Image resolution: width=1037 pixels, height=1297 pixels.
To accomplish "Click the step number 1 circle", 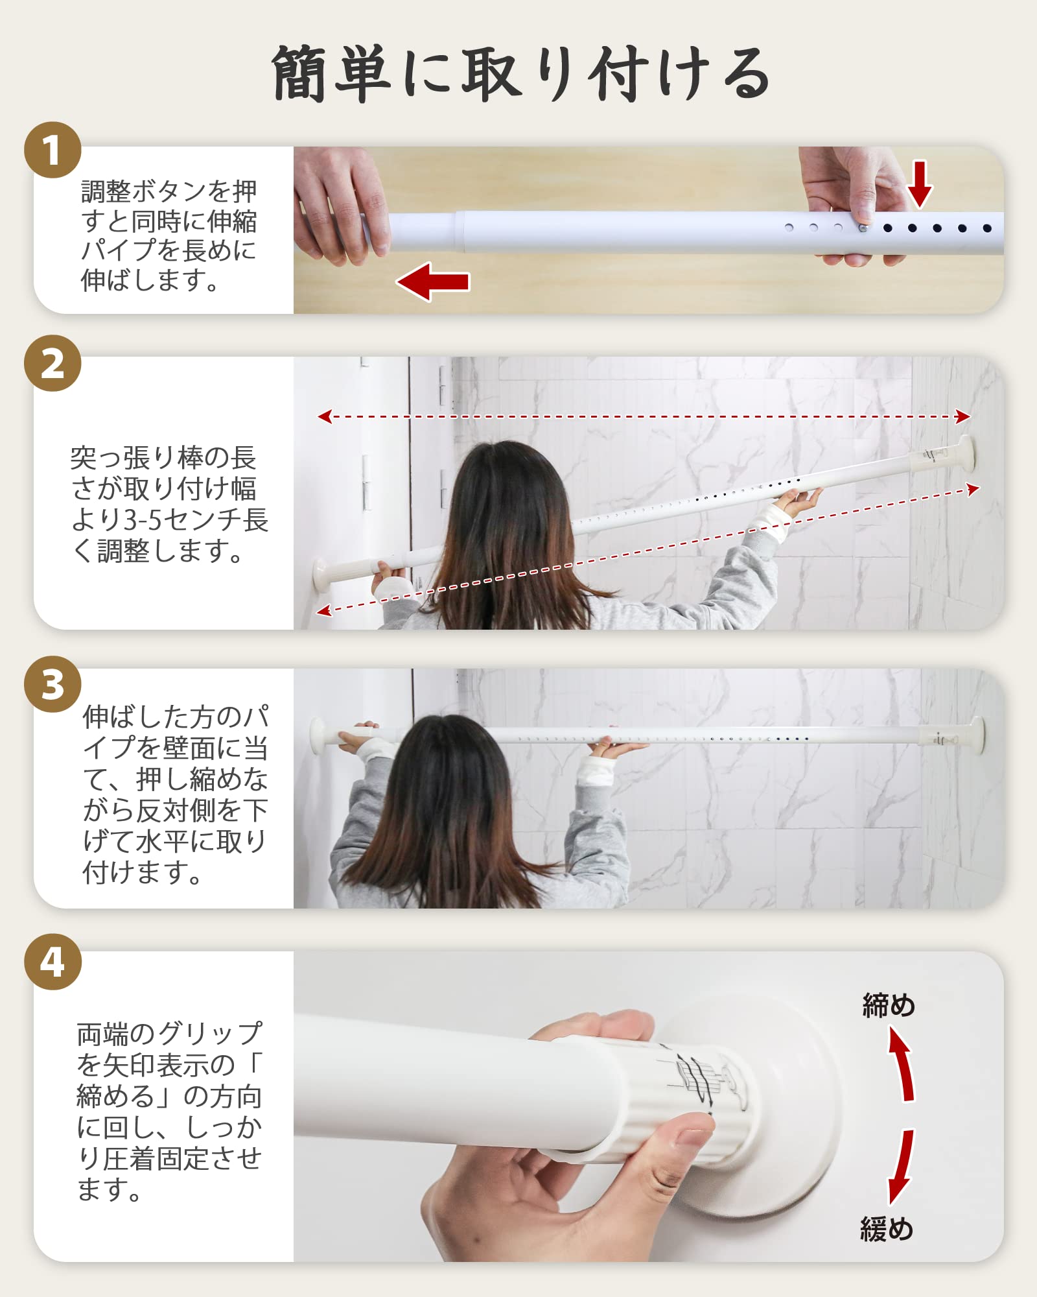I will pyautogui.click(x=52, y=150).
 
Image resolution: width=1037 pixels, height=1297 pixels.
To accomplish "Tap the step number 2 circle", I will pyautogui.click(x=52, y=363).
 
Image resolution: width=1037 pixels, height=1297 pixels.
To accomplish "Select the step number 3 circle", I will pyautogui.click(x=52, y=684).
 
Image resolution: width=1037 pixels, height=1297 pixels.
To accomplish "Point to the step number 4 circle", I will pyautogui.click(x=52, y=962).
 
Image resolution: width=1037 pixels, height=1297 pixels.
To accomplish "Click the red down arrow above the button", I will pyautogui.click(x=920, y=184).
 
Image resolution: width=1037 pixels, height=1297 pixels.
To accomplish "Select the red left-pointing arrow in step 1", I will pyautogui.click(x=433, y=281).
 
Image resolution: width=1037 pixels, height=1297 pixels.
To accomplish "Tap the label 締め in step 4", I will pyautogui.click(x=889, y=1006).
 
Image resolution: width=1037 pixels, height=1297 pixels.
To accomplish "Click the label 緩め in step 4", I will pyautogui.click(x=887, y=1229).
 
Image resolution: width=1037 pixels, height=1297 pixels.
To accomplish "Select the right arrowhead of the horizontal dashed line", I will pyautogui.click(x=963, y=417).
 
